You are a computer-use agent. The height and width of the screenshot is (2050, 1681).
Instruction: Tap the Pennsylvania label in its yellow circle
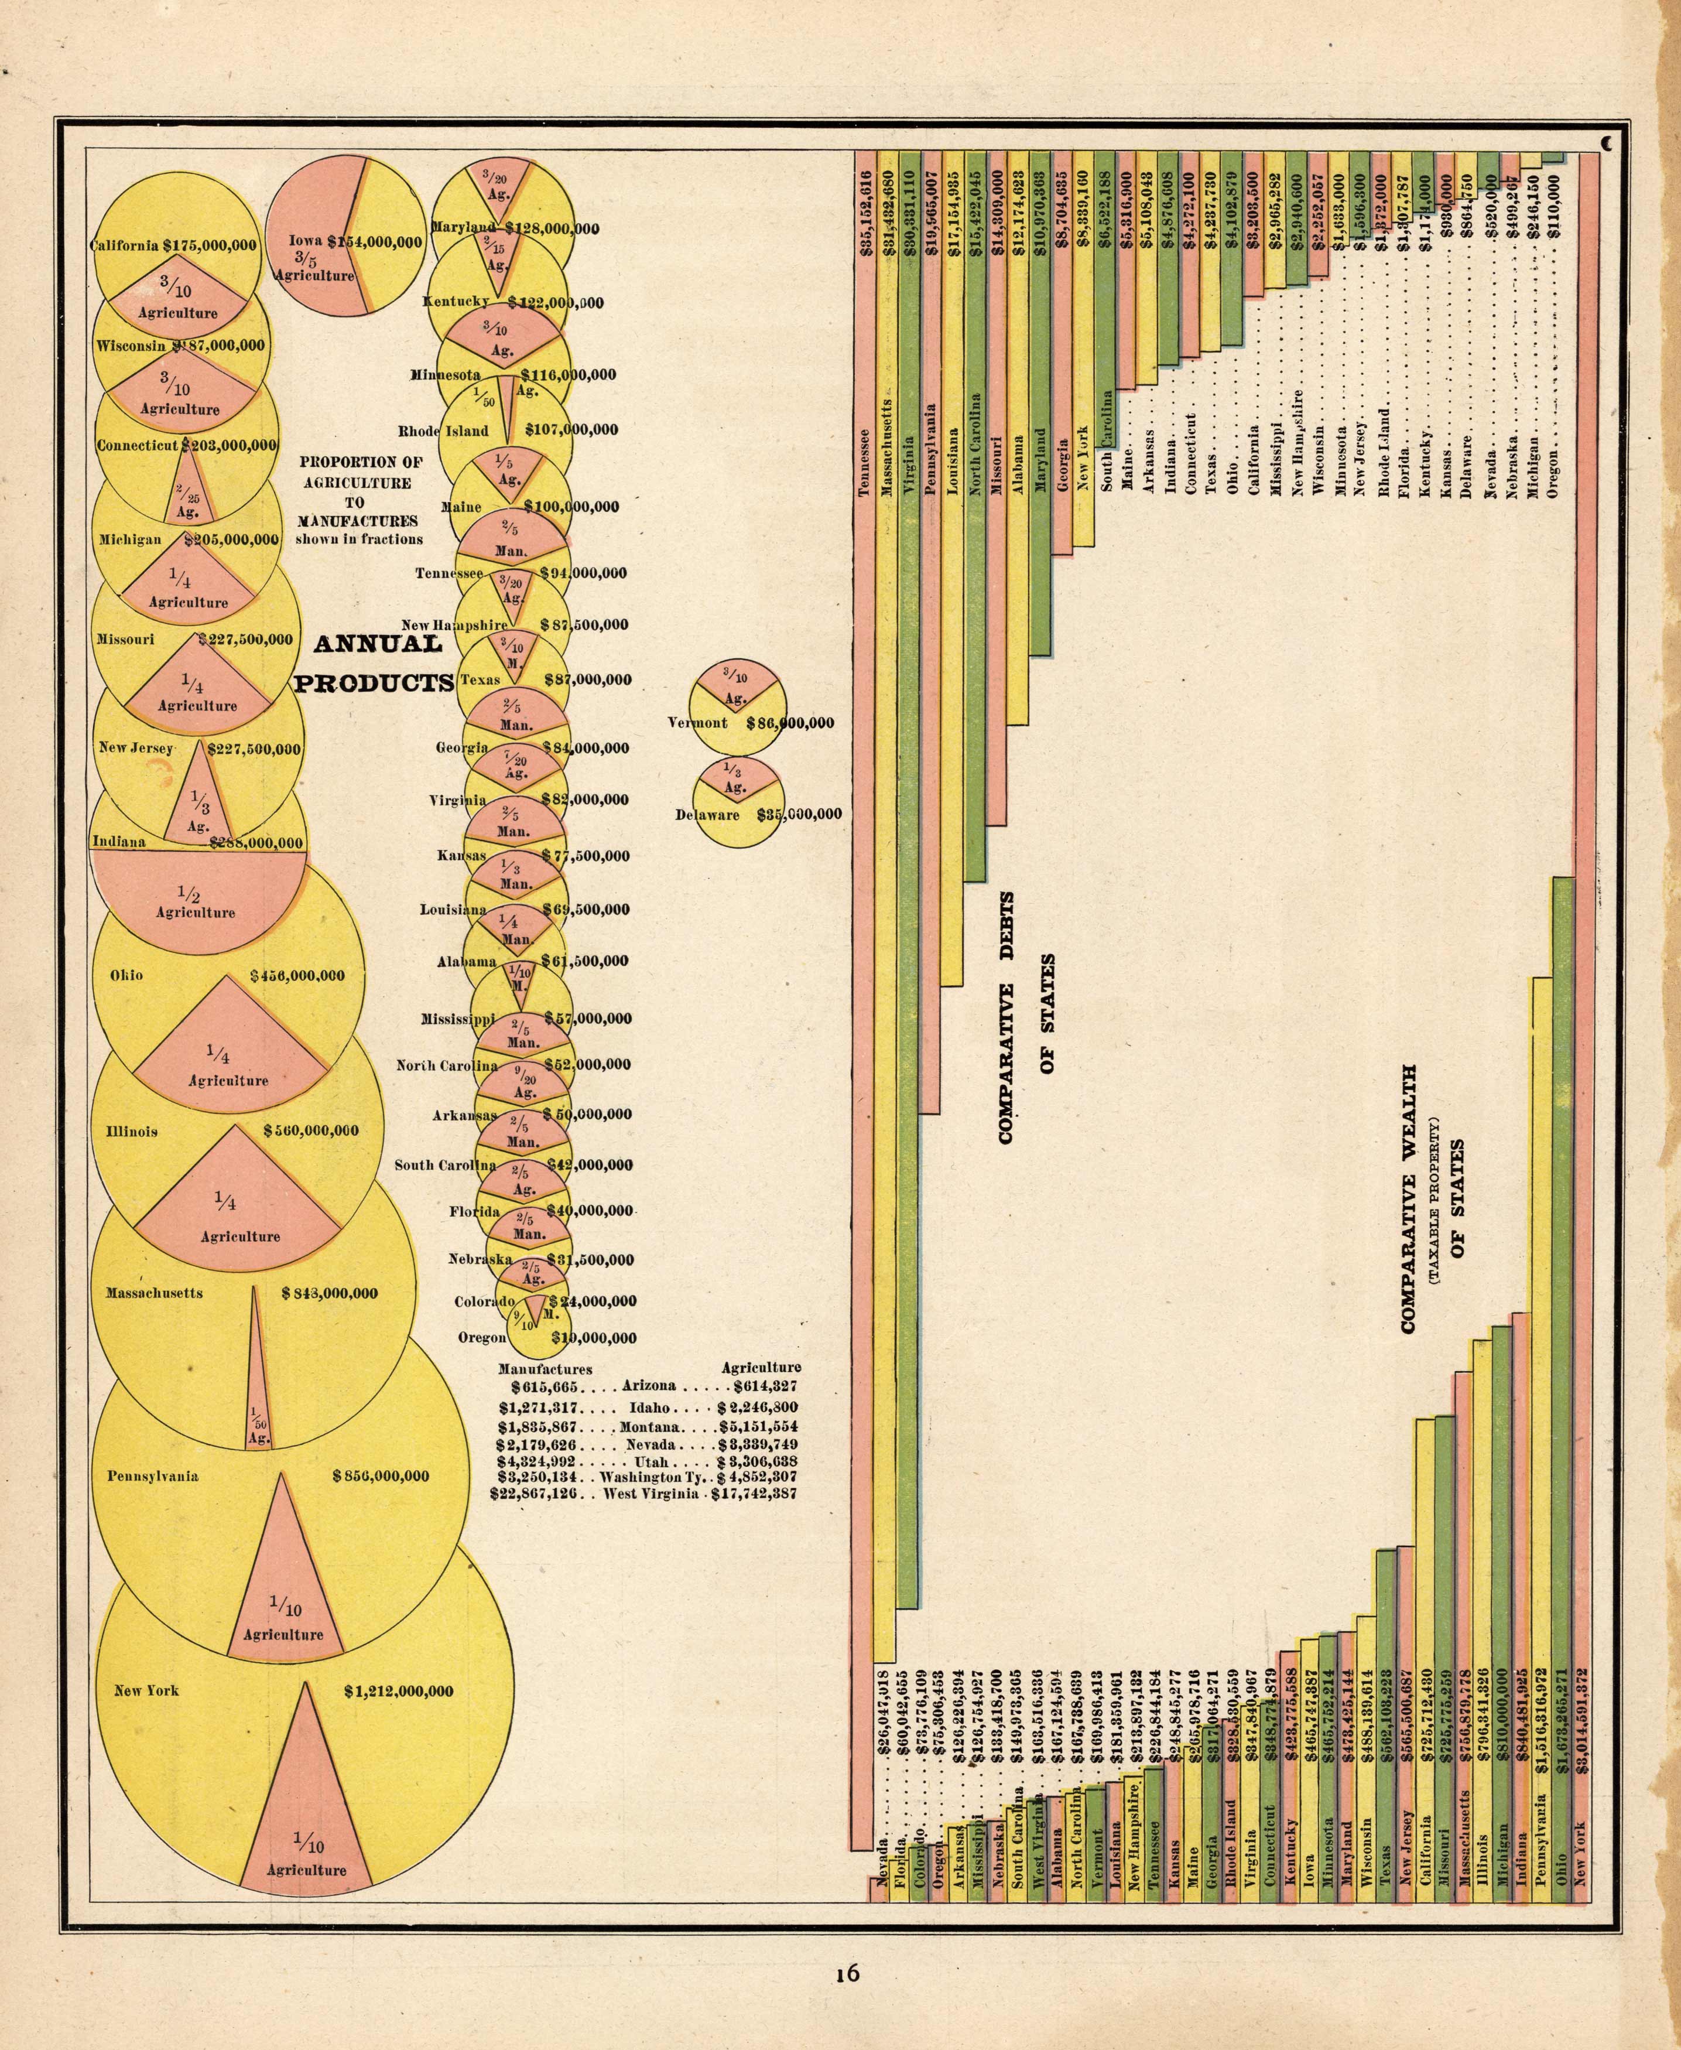[153, 1477]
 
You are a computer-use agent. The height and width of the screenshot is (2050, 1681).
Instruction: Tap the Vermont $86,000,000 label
[751, 723]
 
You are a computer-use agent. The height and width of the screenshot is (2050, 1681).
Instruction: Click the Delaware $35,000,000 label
[757, 815]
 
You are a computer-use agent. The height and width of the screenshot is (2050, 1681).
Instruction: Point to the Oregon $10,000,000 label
[547, 1338]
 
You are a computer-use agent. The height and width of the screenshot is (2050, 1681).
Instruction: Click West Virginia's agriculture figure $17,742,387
[755, 1495]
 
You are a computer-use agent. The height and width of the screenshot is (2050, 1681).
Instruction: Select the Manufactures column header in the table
[544, 1369]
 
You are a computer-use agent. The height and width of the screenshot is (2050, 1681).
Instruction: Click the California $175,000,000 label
[175, 245]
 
